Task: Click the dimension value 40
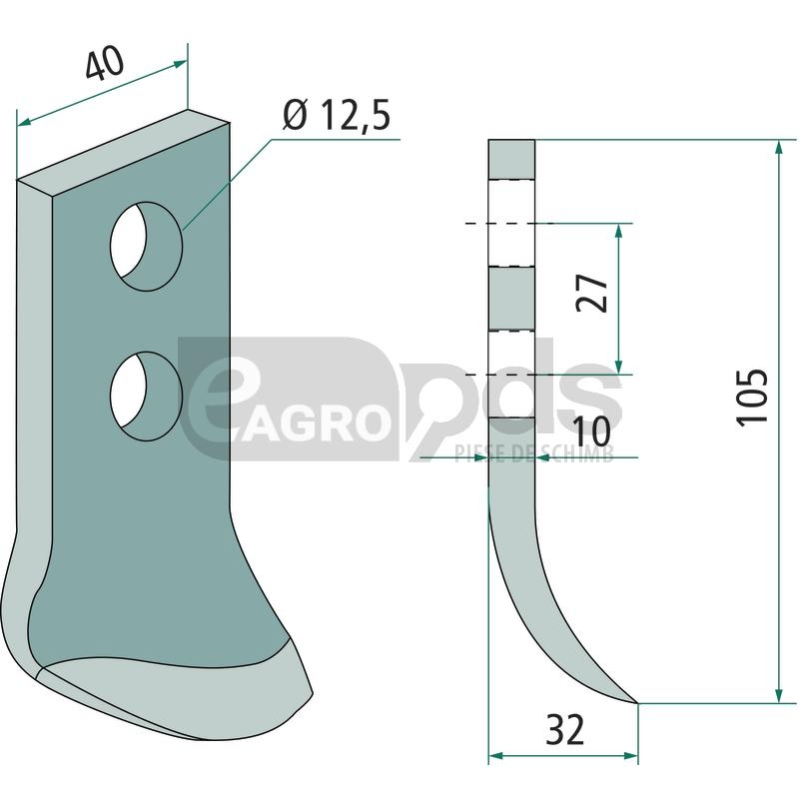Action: click(x=105, y=63)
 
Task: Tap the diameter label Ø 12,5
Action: click(x=337, y=115)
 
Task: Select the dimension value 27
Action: click(x=591, y=293)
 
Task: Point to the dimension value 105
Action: click(x=751, y=398)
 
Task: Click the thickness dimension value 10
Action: click(x=591, y=431)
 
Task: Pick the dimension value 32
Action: click(x=564, y=730)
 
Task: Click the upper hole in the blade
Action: click(x=146, y=246)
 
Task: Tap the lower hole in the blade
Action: click(x=146, y=396)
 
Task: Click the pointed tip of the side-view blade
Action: click(x=637, y=703)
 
